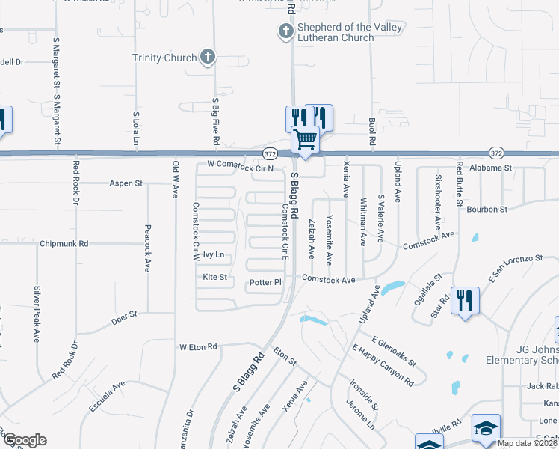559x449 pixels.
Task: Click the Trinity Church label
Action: (164, 58)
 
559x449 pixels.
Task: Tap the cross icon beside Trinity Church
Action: (208, 57)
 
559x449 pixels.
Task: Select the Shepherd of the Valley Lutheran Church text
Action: (350, 32)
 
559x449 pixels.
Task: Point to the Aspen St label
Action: (126, 183)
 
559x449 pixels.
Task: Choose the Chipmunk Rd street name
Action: (64, 243)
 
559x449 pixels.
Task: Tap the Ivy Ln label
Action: (214, 255)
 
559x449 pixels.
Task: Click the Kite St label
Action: (214, 277)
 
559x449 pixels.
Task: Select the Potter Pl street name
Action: (266, 283)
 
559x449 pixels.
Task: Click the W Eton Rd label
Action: (197, 347)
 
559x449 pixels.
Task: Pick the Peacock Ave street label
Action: (148, 248)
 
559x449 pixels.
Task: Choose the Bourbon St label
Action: (487, 209)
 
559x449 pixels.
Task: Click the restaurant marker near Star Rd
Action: (465, 301)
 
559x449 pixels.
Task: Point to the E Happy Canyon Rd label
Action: (383, 365)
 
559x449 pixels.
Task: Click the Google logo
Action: (25, 440)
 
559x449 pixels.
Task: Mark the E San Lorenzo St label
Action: (515, 269)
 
